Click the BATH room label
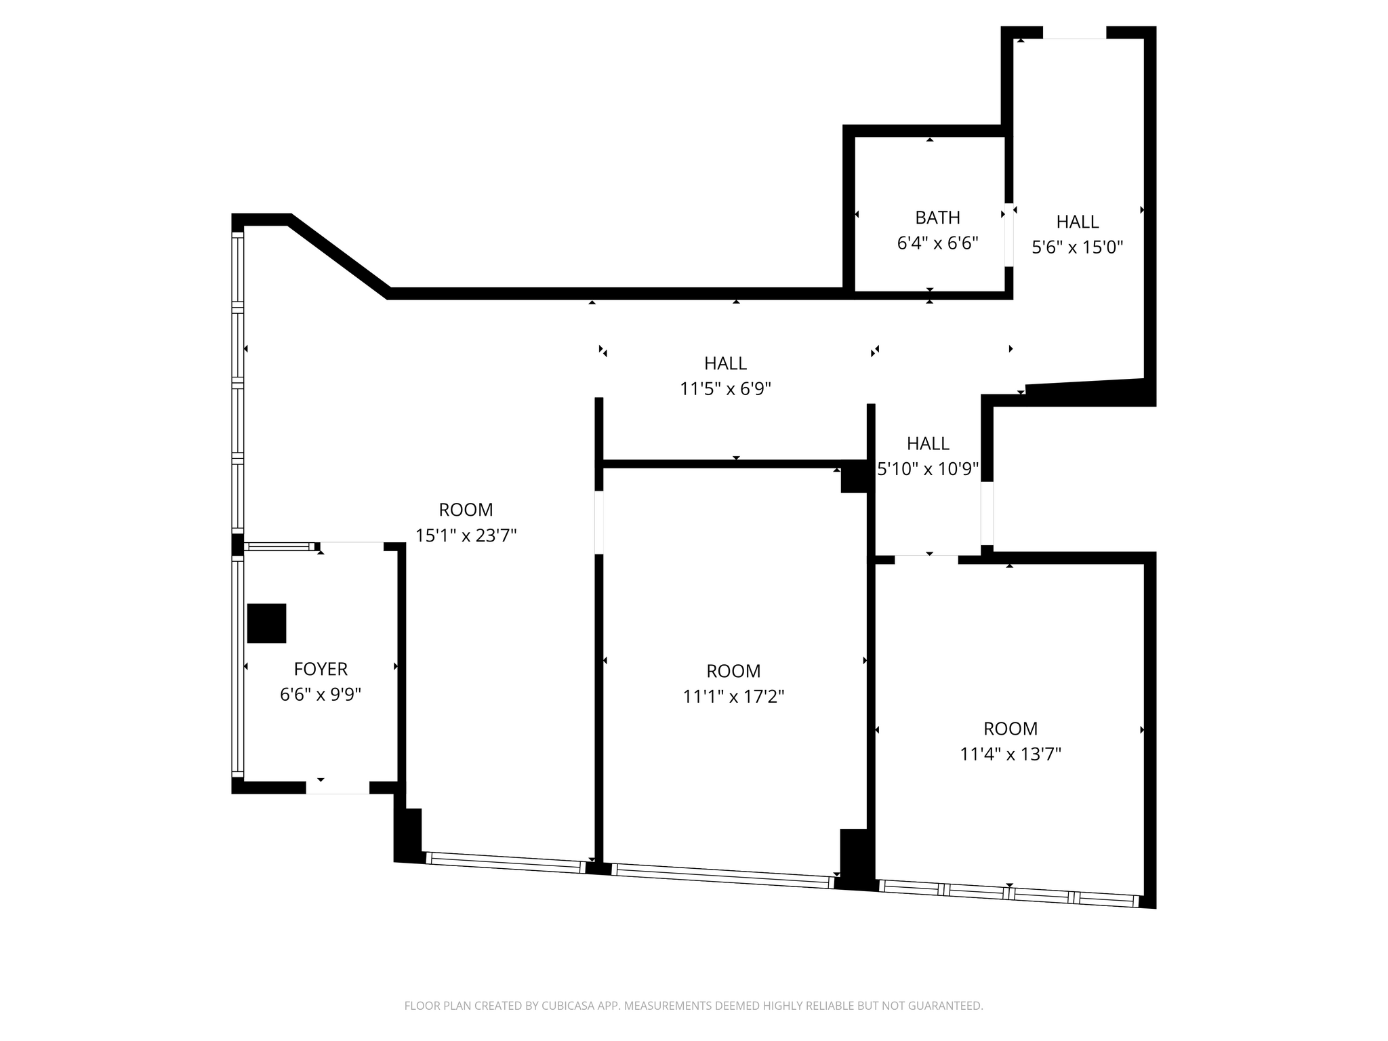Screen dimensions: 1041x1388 (x=937, y=218)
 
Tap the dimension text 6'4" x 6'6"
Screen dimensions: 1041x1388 (x=937, y=243)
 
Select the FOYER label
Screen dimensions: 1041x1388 (x=321, y=669)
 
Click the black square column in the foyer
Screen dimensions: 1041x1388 (x=266, y=623)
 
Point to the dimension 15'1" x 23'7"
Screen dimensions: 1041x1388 (x=466, y=535)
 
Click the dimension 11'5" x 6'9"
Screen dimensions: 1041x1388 (x=725, y=389)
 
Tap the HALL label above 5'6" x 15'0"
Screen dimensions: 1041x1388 (x=1077, y=222)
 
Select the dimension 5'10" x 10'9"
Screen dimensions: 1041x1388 (x=928, y=468)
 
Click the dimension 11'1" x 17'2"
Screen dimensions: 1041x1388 (x=733, y=697)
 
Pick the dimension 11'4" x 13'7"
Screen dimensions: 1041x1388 (x=1010, y=754)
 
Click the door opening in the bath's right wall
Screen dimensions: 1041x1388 (x=1009, y=234)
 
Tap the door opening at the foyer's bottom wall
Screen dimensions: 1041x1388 (x=338, y=788)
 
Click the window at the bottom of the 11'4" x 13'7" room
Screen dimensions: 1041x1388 (x=1008, y=893)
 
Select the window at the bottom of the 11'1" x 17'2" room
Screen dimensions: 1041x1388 (x=722, y=875)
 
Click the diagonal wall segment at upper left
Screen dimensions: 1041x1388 (x=339, y=256)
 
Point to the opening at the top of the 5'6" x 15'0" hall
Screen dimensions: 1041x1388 (x=1074, y=33)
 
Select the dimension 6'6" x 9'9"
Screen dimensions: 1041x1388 (x=321, y=695)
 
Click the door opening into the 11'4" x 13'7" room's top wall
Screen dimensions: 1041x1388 (x=926, y=559)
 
